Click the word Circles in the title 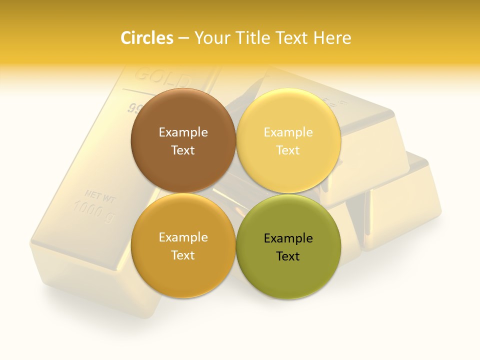[x=147, y=37]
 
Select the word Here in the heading [x=332, y=37]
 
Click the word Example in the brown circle [x=183, y=132]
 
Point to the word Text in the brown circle [x=183, y=150]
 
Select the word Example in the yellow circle [x=288, y=132]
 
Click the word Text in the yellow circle [x=288, y=150]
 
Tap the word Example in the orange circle [x=183, y=237]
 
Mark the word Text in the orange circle [x=183, y=255]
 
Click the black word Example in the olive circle [x=288, y=238]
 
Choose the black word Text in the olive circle [x=288, y=256]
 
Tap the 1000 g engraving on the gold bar [x=94, y=210]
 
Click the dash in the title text [x=183, y=38]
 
